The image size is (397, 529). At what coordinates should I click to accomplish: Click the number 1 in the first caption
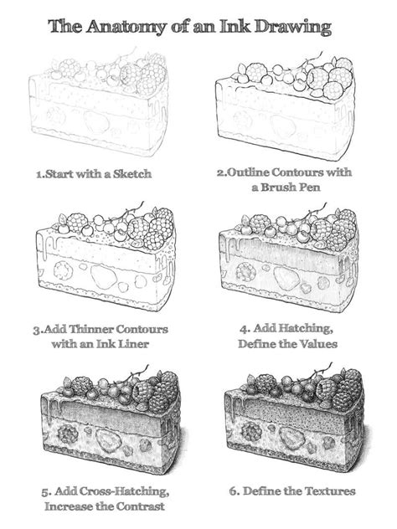[39, 174]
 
